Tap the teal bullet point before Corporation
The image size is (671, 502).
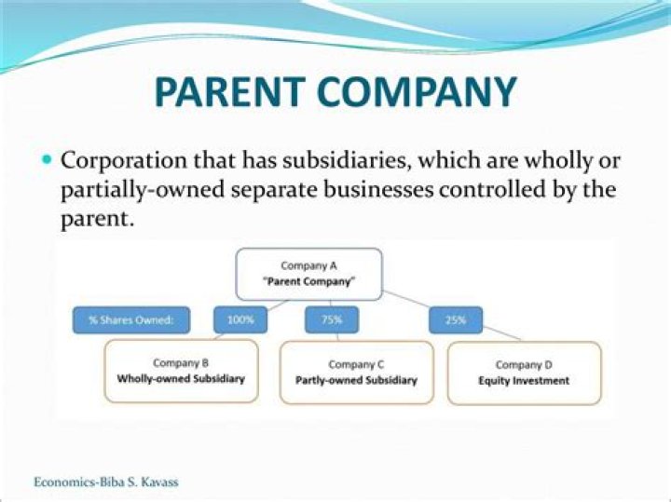[48, 159]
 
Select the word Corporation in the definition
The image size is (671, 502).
[122, 159]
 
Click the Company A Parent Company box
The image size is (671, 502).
[308, 274]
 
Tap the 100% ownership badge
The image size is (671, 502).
[240, 320]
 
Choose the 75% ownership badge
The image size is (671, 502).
[332, 320]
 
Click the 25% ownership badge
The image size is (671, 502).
[455, 320]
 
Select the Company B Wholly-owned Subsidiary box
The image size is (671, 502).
[181, 371]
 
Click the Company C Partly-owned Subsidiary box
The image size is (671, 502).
[356, 372]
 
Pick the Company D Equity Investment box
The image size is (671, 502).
[524, 373]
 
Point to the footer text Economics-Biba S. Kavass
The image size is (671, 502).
[105, 482]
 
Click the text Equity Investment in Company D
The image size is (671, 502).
[524, 381]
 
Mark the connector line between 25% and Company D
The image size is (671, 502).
[503, 333]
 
